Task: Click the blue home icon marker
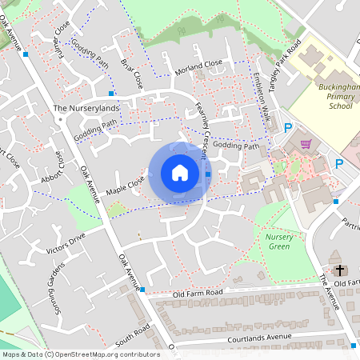(x=180, y=173)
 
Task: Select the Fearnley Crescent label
(x=206, y=127)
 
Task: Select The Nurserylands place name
(x=86, y=108)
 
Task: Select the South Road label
(x=133, y=330)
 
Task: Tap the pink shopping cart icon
(x=306, y=144)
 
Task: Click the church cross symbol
(x=339, y=270)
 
